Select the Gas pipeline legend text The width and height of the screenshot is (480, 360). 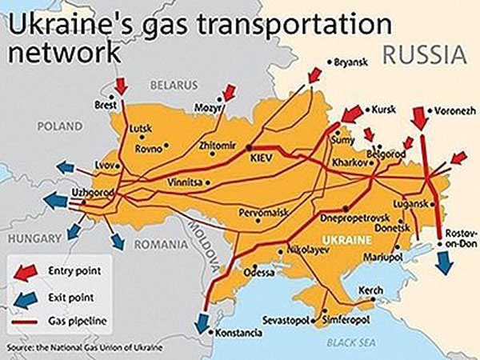coord(78,322)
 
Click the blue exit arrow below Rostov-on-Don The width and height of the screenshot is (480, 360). coord(442,262)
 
